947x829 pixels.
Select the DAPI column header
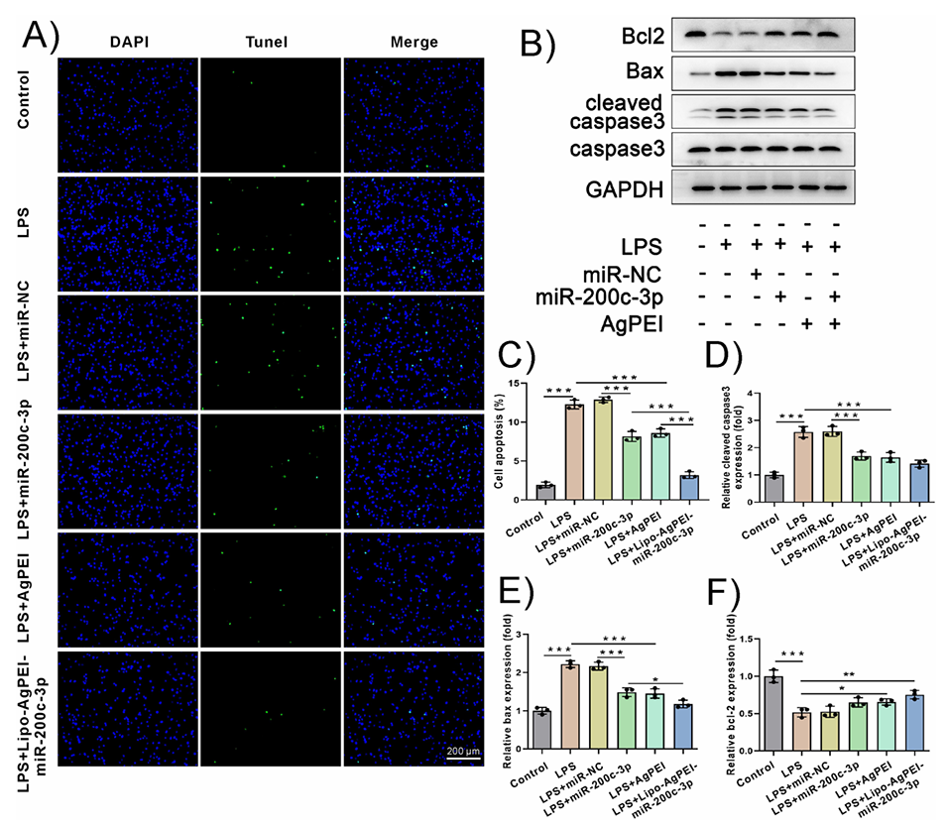point(128,42)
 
